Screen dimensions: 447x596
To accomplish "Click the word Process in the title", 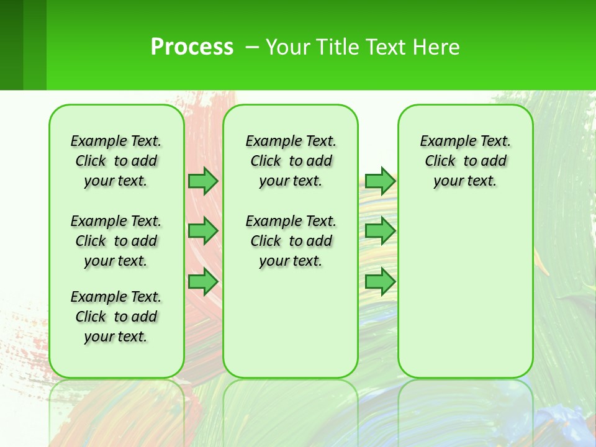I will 192,47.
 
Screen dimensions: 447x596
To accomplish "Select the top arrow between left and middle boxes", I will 203,181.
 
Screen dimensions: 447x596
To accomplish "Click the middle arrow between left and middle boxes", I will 203,231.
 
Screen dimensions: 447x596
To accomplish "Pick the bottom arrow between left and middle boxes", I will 203,282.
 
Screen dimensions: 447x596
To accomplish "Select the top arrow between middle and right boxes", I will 380,181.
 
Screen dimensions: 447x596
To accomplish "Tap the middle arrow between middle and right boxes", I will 380,231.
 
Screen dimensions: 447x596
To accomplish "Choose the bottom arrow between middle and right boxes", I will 380,282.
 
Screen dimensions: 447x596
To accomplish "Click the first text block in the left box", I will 116,161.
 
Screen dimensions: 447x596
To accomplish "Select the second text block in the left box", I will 116,241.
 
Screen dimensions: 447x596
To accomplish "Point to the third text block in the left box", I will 116,317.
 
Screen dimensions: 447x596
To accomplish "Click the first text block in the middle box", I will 291,161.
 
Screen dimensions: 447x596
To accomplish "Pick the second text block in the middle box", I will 291,241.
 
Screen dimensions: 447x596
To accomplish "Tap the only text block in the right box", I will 465,161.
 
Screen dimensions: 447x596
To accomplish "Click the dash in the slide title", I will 252,47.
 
